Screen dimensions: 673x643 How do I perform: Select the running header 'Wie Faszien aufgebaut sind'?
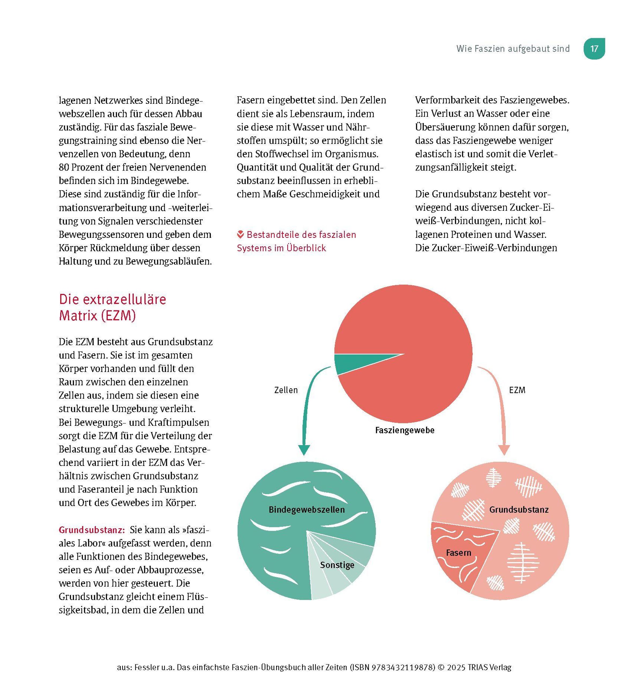(513, 49)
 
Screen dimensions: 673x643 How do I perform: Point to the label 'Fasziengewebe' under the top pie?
(405, 430)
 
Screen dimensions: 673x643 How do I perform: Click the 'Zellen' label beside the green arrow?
(286, 390)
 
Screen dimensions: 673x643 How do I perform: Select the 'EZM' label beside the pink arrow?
(517, 390)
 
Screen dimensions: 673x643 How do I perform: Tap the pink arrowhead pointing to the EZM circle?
(504, 449)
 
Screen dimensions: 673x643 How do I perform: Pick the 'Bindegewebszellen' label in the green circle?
(306, 510)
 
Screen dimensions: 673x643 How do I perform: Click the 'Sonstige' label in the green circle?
(337, 565)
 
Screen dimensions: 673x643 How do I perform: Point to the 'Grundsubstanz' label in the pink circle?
(519, 510)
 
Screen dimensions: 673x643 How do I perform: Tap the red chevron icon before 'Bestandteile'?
(240, 235)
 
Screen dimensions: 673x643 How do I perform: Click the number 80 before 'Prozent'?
(64, 167)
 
